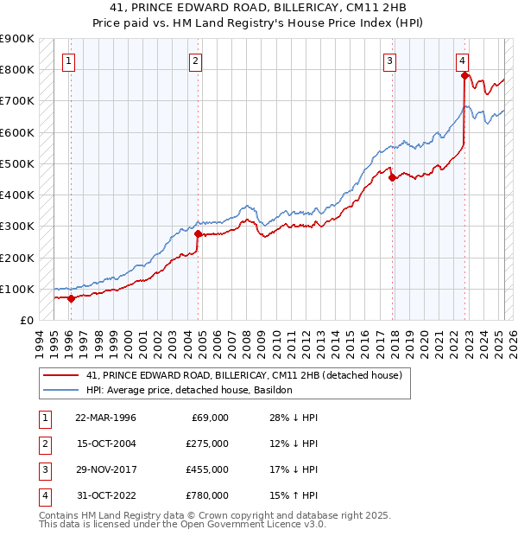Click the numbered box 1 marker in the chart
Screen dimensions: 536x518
67,61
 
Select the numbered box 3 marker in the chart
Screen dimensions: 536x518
390,61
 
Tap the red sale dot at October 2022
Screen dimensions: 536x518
464,75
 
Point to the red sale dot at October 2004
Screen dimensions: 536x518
198,233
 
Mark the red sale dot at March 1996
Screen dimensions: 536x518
71,298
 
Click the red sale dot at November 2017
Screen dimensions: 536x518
393,178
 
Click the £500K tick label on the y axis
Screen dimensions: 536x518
17,163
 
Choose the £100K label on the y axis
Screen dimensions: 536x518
17,289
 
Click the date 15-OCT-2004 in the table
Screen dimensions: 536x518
105,443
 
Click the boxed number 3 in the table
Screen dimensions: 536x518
43,469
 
